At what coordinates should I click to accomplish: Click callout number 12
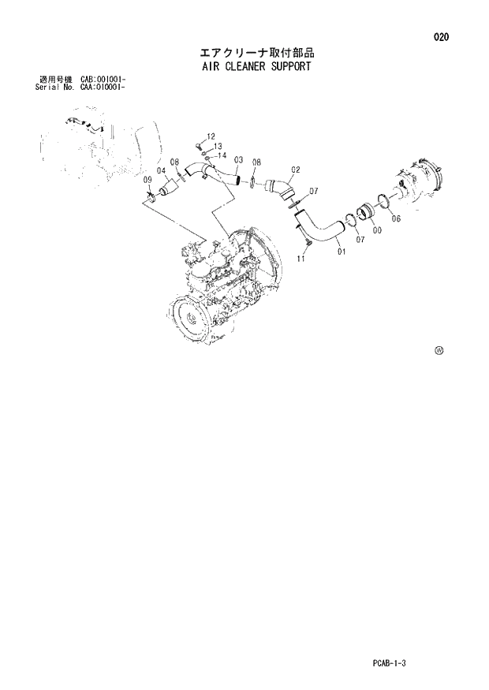click(x=211, y=136)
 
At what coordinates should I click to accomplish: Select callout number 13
click(x=218, y=147)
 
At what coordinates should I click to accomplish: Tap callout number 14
click(x=222, y=155)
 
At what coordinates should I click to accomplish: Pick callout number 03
click(x=237, y=161)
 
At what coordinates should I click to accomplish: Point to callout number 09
click(x=147, y=181)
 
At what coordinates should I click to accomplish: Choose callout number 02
click(x=296, y=169)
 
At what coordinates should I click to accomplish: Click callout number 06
click(x=396, y=218)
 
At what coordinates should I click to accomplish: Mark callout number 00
click(x=377, y=229)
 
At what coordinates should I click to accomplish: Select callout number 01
click(x=341, y=252)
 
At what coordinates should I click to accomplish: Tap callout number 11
click(x=300, y=258)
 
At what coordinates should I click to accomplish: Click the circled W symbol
click(x=439, y=350)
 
